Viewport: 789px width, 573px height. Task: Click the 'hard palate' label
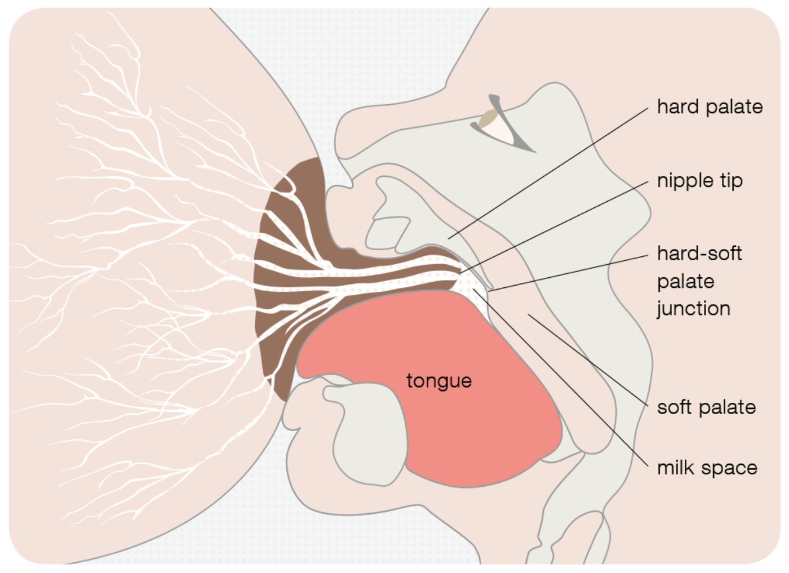[710, 107]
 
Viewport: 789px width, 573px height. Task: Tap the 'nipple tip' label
[699, 181]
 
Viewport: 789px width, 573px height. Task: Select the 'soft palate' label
[706, 407]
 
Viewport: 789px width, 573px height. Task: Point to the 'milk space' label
[707, 468]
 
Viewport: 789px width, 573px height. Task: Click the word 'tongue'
[438, 380]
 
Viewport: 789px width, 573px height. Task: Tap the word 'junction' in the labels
[693, 308]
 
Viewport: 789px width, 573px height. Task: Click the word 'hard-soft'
[699, 254]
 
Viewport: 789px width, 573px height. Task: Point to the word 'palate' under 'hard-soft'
[685, 281]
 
